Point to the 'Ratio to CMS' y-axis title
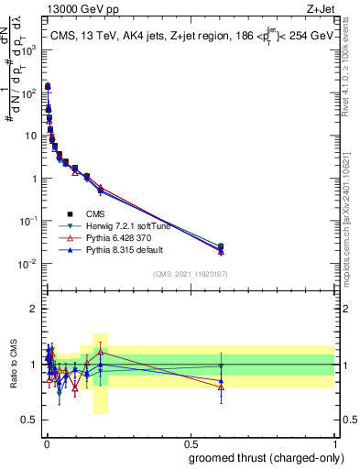click(13, 365)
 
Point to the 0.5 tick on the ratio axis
click(30, 420)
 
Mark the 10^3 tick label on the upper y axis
click(28, 51)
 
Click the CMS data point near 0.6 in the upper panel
click(221, 246)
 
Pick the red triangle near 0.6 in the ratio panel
click(221, 387)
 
